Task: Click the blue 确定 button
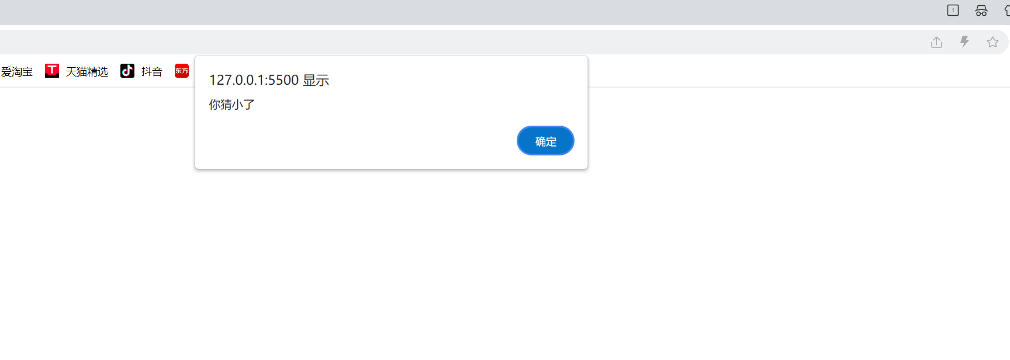coord(545,141)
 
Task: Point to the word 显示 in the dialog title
coord(316,80)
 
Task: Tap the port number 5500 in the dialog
coord(283,80)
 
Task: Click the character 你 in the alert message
coord(215,105)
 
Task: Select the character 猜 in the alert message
coord(226,105)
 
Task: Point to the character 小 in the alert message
coord(237,105)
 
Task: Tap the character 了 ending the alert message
coord(249,105)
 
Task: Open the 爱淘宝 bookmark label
coord(17,71)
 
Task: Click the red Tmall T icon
coord(52,71)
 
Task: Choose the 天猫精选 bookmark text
coord(87,71)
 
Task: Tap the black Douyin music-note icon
coord(127,71)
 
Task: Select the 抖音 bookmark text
coord(151,71)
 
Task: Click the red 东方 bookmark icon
coord(182,71)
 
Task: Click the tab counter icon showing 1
coord(953,11)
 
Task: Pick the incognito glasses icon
coord(981,11)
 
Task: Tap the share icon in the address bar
coord(936,42)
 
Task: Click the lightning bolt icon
coord(964,41)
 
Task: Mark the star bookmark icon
coord(992,42)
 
